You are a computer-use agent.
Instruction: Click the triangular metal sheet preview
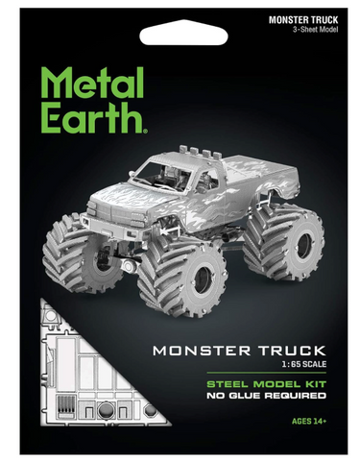coord(77,375)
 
